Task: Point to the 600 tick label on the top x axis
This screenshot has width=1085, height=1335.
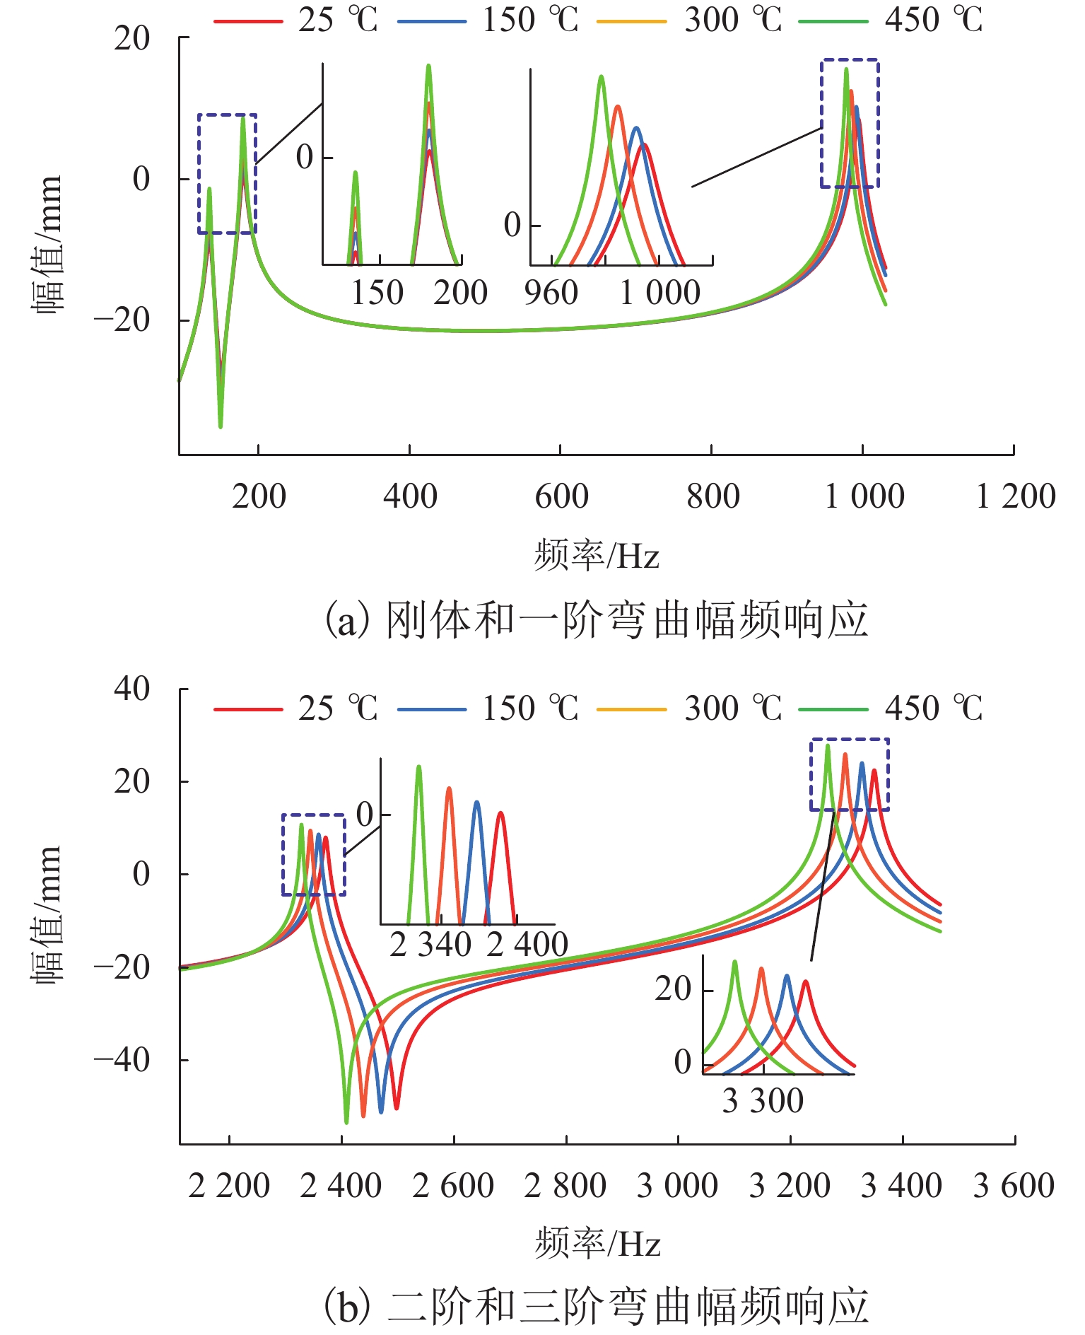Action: pos(561,496)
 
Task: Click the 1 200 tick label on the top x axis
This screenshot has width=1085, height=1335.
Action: pos(1015,496)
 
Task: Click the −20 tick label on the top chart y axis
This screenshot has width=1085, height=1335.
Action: pos(122,320)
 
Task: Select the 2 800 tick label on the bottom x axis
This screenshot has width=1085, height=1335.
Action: pos(565,1186)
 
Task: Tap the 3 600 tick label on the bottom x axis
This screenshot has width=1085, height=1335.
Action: pos(1014,1186)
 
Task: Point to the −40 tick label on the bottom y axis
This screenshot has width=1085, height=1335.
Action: pos(122,1060)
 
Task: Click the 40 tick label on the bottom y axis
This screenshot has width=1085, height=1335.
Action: pos(131,689)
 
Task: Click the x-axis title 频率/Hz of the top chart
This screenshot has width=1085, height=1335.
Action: pos(597,555)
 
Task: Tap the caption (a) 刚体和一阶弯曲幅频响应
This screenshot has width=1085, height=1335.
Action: pos(596,620)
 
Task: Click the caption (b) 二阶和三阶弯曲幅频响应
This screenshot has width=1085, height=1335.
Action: pos(596,1306)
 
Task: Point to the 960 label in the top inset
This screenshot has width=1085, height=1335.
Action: pos(551,293)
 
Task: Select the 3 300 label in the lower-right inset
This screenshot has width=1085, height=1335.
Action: pos(763,1101)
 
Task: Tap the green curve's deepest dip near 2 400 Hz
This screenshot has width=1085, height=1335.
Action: pos(346,1121)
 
